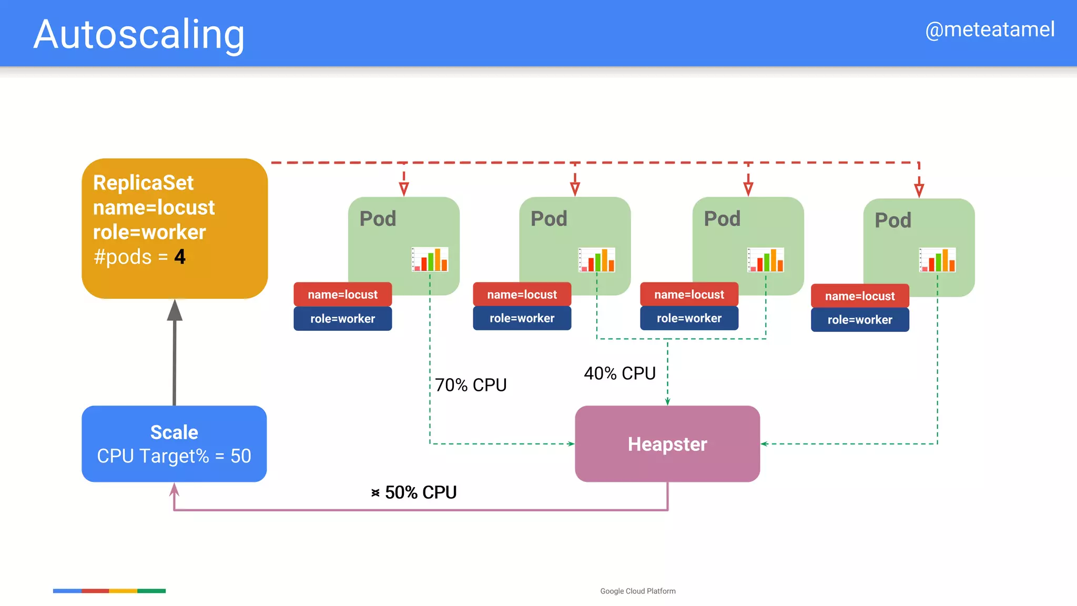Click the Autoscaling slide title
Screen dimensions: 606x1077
tap(139, 35)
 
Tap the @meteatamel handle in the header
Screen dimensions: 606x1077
tap(990, 29)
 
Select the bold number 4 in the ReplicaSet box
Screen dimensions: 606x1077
tap(180, 257)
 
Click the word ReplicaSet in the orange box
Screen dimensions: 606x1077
tap(143, 183)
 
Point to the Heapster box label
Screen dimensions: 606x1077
tap(667, 444)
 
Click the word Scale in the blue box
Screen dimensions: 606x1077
tap(174, 432)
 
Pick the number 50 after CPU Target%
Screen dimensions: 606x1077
tap(241, 456)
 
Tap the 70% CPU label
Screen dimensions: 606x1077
tap(471, 385)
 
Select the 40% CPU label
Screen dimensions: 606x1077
tap(619, 373)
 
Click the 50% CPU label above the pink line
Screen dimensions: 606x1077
tap(420, 492)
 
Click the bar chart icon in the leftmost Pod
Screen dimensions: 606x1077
tap(430, 259)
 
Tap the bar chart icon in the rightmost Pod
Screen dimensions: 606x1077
tap(937, 260)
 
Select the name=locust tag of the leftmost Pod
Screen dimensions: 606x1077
tap(342, 295)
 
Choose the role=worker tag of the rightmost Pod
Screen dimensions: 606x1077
tap(860, 320)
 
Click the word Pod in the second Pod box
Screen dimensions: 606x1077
tap(548, 219)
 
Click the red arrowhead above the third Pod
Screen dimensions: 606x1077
tap(748, 189)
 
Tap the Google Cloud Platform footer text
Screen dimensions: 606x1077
tap(638, 591)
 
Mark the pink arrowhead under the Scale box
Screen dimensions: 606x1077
tap(175, 490)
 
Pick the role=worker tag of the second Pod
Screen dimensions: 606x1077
tap(522, 318)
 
